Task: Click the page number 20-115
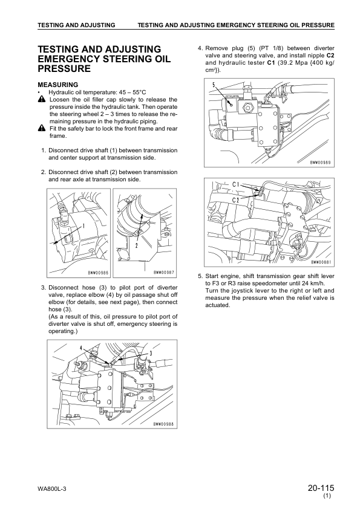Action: tap(321, 488)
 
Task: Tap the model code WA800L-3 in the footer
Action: tap(52, 489)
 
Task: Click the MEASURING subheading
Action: tap(58, 85)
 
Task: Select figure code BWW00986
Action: tap(98, 273)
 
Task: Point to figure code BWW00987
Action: tap(165, 273)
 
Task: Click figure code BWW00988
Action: tap(163, 424)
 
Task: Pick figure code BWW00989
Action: tap(320, 163)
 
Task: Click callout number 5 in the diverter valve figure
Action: tap(214, 85)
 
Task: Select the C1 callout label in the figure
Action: tap(235, 185)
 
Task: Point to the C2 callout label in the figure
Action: tap(235, 199)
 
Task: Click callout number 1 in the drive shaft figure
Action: tap(83, 226)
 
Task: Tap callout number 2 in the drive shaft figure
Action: tap(137, 245)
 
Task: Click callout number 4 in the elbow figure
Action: tap(81, 348)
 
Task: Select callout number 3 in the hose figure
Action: tap(151, 353)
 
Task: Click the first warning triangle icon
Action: tap(42, 99)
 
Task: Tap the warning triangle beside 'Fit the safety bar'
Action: tap(42, 129)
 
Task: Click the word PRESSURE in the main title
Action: tap(64, 69)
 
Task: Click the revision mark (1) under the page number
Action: tap(327, 496)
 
